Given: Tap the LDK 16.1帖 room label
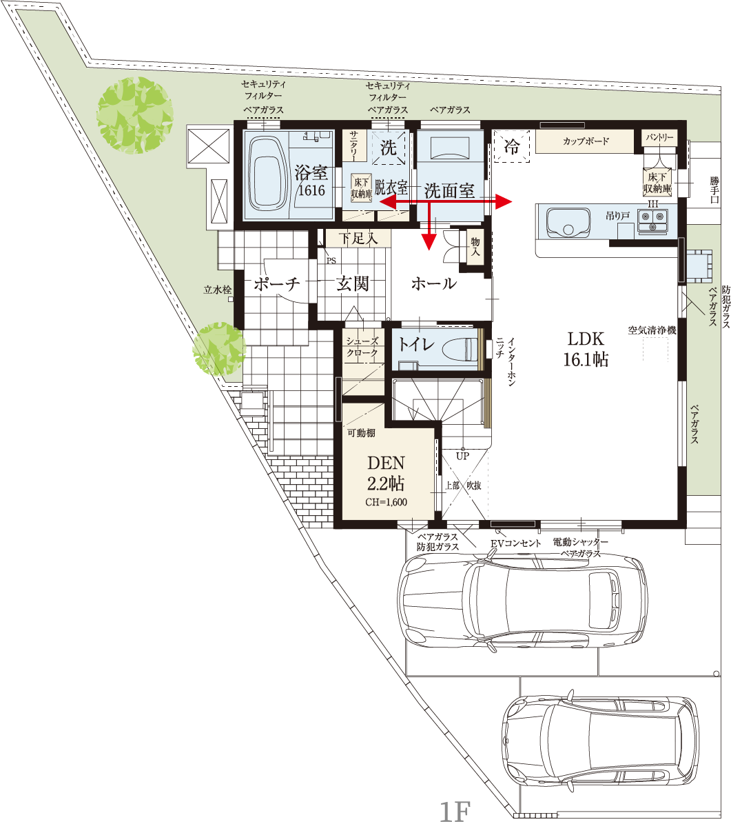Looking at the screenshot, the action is pyautogui.click(x=586, y=349).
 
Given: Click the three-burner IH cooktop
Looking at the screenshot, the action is pyautogui.click(x=652, y=220).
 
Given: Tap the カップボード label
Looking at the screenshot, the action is pyautogui.click(x=586, y=141).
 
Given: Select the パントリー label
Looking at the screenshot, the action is pyautogui.click(x=660, y=137).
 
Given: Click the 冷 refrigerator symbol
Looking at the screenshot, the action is pyautogui.click(x=512, y=146).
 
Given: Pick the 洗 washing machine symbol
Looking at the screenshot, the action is pyautogui.click(x=388, y=148).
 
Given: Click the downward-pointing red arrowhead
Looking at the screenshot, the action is pyautogui.click(x=429, y=241).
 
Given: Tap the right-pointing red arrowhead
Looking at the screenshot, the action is pyautogui.click(x=504, y=201).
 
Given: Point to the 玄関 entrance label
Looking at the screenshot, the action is pyautogui.click(x=352, y=283).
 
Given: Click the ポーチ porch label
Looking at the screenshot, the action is pyautogui.click(x=277, y=284).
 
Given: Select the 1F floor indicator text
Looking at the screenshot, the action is pyautogui.click(x=455, y=810).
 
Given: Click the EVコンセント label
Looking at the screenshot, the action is pyautogui.click(x=515, y=543).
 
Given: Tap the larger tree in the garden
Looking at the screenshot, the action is pyautogui.click(x=135, y=115).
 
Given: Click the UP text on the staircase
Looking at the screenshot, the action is pyautogui.click(x=462, y=456).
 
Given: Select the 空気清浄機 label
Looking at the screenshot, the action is pyautogui.click(x=652, y=330).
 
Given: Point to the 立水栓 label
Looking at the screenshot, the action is pyautogui.click(x=217, y=290).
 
